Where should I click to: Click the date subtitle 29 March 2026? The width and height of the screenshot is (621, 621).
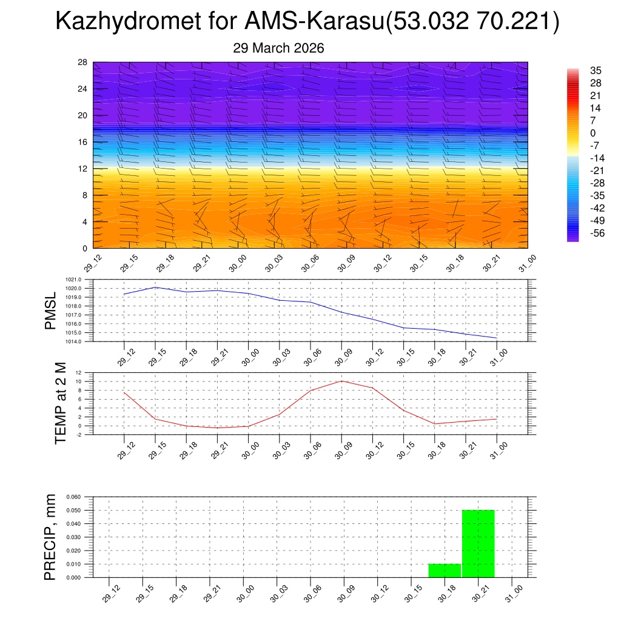[x=278, y=48]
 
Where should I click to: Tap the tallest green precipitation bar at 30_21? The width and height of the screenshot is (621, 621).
[x=478, y=543]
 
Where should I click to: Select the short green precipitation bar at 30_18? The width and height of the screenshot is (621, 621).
[x=445, y=571]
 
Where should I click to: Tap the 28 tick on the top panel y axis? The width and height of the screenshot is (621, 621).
[x=82, y=62]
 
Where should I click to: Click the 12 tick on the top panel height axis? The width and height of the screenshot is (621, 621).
[x=82, y=169]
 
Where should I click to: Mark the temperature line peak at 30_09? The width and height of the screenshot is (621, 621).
[x=341, y=381]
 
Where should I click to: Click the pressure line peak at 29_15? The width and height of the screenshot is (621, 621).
[x=155, y=287]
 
